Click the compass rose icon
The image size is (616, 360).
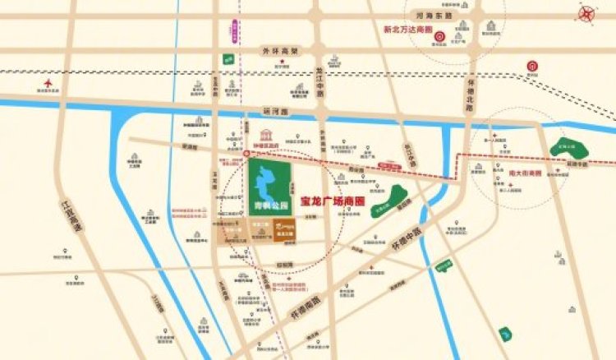click(589, 15)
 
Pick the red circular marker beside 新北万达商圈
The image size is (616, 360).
click(440, 35)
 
